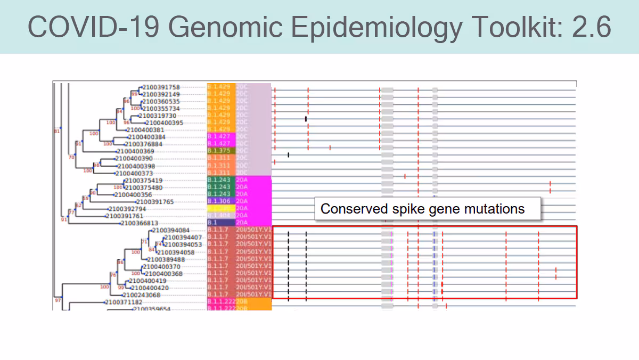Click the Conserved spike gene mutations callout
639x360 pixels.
tap(422, 209)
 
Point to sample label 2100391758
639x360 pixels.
tap(161, 87)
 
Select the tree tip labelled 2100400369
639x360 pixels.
tap(135, 152)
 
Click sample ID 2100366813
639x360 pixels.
tap(140, 223)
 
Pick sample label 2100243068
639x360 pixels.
tap(141, 294)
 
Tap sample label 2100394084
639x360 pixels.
tap(170, 230)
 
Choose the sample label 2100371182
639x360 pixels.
tap(124, 302)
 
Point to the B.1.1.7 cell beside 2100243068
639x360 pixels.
tap(218, 294)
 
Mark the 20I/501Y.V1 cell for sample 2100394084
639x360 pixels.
tap(253, 230)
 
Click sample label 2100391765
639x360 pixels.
tap(155, 202)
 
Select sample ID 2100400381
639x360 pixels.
tap(145, 129)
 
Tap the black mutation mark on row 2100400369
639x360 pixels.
tap(288, 154)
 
